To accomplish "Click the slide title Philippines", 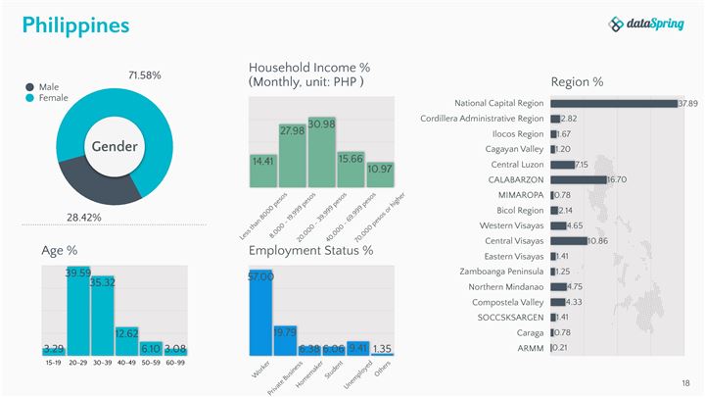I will coord(75,25).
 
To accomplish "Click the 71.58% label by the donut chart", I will coord(144,75).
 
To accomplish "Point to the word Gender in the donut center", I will coord(115,147).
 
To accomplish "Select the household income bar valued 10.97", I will coord(380,174).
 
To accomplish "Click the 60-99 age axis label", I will coord(174,363).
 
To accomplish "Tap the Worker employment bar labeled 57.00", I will coord(260,313).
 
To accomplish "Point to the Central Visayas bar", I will coord(569,241).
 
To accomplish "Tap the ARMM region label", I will coord(530,348).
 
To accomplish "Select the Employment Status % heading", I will coord(310,251).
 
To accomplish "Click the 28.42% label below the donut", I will coord(84,217).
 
